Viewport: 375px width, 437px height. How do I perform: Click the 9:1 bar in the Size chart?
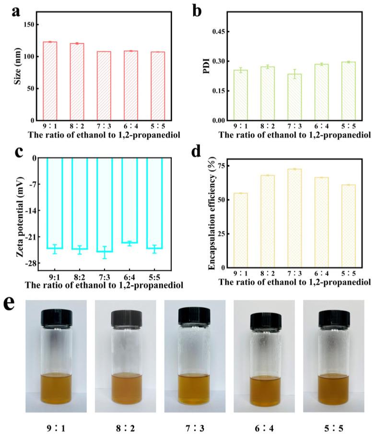pyautogui.click(x=50, y=81)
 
